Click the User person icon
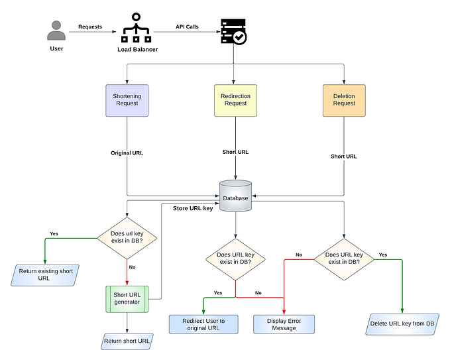[x=57, y=30]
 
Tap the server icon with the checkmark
[x=233, y=31]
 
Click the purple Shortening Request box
[x=127, y=99]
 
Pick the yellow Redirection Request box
[x=235, y=99]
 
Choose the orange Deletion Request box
[x=344, y=99]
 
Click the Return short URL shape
[x=127, y=341]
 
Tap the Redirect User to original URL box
[x=203, y=324]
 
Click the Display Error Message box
[x=284, y=324]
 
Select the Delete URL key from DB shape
[x=402, y=324]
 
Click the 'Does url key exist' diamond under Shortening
[x=127, y=238]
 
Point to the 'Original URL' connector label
[x=127, y=152]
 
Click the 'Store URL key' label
[x=194, y=209]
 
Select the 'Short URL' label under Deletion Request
[x=344, y=156]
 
